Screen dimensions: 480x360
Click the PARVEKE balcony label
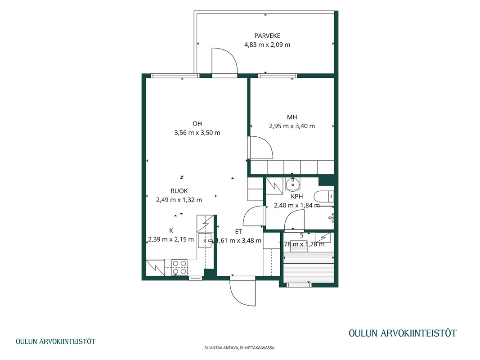pyautogui.click(x=267, y=36)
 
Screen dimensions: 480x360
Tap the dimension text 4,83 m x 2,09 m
pyautogui.click(x=267, y=45)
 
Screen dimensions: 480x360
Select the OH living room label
pyautogui.click(x=197, y=124)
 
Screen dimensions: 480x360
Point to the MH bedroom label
pyautogui.click(x=292, y=117)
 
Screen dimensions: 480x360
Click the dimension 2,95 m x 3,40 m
pyautogui.click(x=292, y=126)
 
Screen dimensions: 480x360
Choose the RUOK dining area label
pyautogui.click(x=179, y=191)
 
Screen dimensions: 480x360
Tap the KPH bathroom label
pyautogui.click(x=296, y=197)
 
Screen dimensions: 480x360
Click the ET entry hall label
pyautogui.click(x=238, y=232)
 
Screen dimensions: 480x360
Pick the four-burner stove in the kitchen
pyautogui.click(x=179, y=267)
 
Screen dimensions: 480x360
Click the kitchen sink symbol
pyautogui.click(x=205, y=241)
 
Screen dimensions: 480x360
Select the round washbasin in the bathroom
pyautogui.click(x=293, y=184)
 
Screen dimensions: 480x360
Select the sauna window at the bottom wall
pyautogui.click(x=299, y=285)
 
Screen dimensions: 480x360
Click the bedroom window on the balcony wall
pyautogui.click(x=278, y=76)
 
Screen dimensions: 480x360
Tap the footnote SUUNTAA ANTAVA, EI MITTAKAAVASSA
pyautogui.click(x=240, y=348)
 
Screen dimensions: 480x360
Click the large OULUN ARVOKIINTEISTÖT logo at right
pyautogui.click(x=403, y=333)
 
